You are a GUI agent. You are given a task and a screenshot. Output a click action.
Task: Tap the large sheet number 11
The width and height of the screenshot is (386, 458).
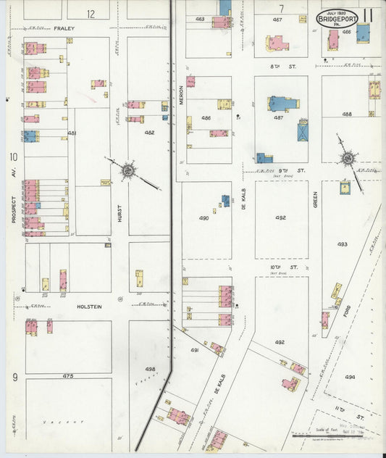tap(369, 15)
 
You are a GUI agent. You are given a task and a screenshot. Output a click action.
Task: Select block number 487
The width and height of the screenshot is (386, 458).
tap(277, 117)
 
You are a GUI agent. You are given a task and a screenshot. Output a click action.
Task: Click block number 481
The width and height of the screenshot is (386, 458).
tap(72, 133)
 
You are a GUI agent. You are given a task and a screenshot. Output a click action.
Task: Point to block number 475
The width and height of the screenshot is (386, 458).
tap(68, 375)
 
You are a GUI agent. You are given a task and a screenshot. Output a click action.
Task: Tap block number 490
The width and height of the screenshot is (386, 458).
tap(204, 217)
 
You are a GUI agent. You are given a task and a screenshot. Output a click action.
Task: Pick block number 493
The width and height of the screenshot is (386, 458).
tap(342, 244)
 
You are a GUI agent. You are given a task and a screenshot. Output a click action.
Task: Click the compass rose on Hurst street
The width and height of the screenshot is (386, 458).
tap(129, 171)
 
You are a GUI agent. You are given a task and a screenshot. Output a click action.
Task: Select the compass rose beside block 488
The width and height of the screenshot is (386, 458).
tap(348, 158)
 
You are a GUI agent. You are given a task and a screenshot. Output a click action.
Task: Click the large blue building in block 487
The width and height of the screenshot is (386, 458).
tap(282, 104)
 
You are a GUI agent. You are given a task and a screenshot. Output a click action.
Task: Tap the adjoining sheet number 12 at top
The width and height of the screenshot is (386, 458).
tap(90, 14)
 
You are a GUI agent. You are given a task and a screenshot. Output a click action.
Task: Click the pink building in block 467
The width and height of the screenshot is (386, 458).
tap(277, 43)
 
